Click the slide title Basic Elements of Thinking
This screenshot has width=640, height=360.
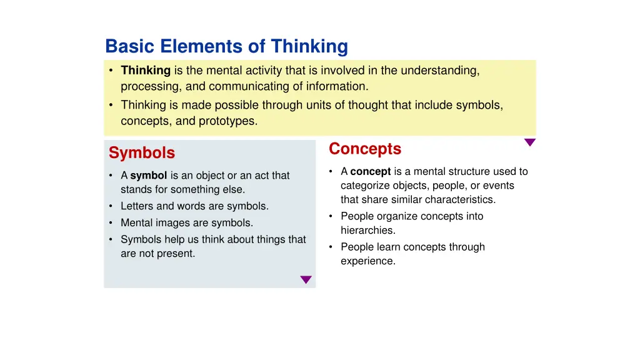point(226,46)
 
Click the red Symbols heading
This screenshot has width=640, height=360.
point(141,153)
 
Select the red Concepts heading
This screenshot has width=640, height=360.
point(365,149)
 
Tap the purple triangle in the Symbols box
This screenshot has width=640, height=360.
point(306,280)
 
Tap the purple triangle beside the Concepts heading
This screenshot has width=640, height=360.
point(529,142)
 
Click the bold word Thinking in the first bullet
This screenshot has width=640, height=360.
point(146,71)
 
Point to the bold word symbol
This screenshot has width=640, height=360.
point(148,176)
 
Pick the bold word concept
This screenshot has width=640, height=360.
point(371,171)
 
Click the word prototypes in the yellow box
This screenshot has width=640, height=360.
point(227,121)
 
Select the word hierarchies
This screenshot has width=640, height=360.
point(367,231)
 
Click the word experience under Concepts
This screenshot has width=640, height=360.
point(367,261)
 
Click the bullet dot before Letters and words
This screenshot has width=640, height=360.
point(111,206)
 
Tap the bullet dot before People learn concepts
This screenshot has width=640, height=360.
point(331,247)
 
